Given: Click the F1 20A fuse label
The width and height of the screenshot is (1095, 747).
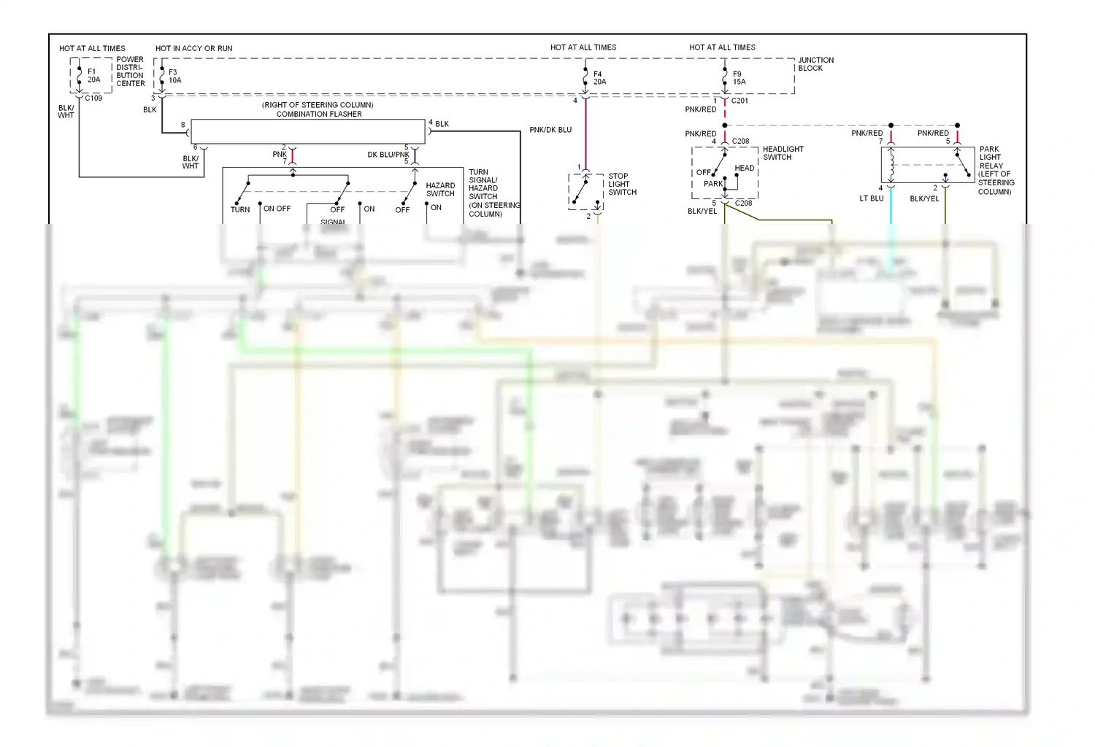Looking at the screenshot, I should click(x=93, y=76).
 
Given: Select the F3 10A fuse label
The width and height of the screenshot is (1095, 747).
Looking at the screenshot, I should click(x=174, y=77).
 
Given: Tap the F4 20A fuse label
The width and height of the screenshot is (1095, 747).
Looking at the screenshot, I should click(x=599, y=78).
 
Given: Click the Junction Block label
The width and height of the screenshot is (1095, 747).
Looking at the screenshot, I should click(x=815, y=64).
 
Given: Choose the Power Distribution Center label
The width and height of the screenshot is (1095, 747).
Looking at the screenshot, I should click(x=130, y=71).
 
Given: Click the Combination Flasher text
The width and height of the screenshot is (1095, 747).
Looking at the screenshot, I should click(x=319, y=114).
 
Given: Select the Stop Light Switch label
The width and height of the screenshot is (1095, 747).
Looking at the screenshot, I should click(x=622, y=184).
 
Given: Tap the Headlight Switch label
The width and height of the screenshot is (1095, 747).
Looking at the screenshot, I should click(x=783, y=153).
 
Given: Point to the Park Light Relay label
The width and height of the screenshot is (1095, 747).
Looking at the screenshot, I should click(x=995, y=170).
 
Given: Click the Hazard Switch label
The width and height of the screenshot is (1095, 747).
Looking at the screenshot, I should click(x=440, y=190).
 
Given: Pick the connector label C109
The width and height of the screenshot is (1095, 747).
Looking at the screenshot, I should click(x=93, y=98).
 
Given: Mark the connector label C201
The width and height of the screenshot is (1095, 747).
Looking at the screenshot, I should click(x=739, y=101).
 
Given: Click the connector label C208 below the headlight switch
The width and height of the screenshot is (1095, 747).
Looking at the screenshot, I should click(x=743, y=203).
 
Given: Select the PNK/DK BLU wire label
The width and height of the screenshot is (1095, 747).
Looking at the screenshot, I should click(x=550, y=130).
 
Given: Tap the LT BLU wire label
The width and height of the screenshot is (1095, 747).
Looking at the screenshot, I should click(x=872, y=198).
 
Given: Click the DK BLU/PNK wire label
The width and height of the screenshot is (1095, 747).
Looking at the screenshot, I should click(x=388, y=155).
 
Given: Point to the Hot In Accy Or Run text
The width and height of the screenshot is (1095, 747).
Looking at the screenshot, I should click(x=193, y=48).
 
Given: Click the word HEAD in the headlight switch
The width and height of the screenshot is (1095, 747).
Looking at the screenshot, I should click(x=744, y=168).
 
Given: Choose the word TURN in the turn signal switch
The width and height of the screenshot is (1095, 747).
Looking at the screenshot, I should click(x=240, y=209).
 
